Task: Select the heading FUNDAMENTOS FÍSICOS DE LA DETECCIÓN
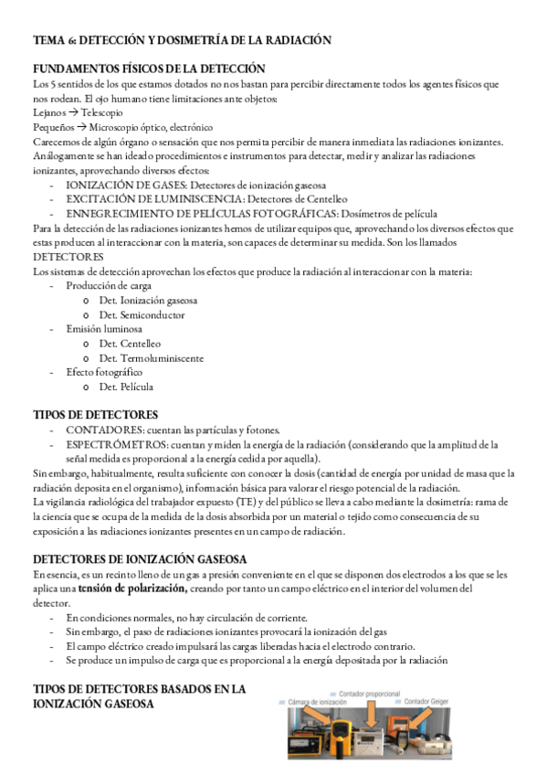(x=149, y=69)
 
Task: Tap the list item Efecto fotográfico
(x=104, y=373)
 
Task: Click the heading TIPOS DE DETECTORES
(x=95, y=415)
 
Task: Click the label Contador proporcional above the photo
(x=368, y=694)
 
